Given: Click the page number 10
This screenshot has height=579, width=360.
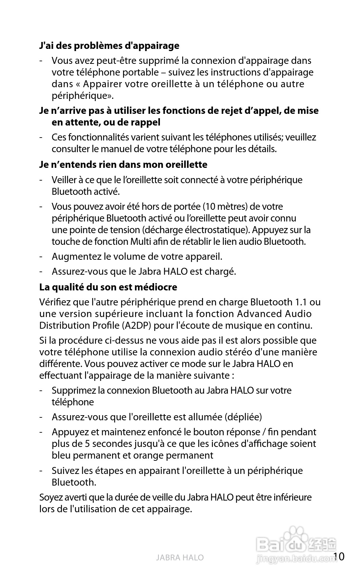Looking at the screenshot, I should [338, 556].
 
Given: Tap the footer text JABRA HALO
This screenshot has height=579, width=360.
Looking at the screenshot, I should [180, 557].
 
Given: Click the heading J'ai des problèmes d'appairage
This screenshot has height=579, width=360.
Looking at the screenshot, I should [109, 46].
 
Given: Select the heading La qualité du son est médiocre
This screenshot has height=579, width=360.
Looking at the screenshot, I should [108, 287].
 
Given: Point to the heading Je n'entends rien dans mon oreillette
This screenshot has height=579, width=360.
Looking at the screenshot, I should [123, 165].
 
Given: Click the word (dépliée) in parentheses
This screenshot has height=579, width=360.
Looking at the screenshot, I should [243, 417].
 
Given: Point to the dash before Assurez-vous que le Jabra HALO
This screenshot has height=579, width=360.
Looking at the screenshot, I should [42, 272].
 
